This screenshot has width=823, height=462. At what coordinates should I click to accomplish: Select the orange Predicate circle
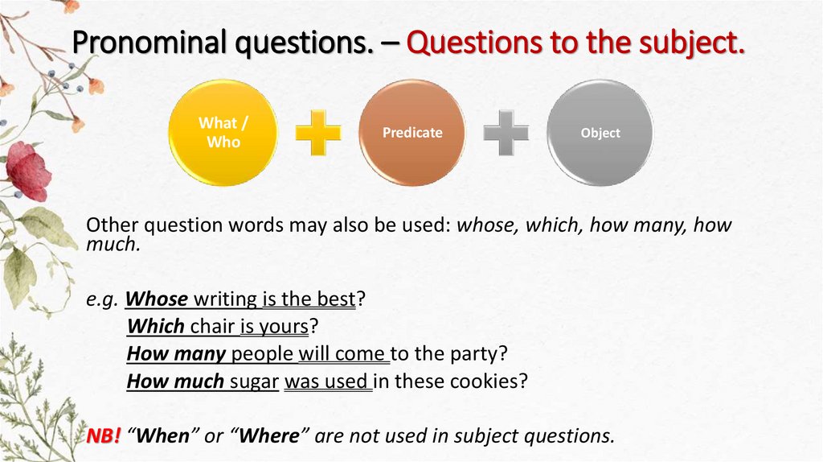click(x=411, y=132)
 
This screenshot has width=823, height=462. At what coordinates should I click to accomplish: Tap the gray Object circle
click(x=600, y=132)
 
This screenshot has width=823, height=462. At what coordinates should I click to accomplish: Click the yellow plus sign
click(x=317, y=132)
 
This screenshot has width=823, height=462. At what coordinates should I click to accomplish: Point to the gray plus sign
click(x=506, y=132)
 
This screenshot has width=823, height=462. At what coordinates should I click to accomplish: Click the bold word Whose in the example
click(x=158, y=300)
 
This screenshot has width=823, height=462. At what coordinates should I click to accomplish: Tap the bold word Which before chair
click(x=156, y=327)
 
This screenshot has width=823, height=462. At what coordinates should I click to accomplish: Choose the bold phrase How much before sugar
click(x=175, y=380)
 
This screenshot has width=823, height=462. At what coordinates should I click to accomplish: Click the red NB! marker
click(x=104, y=435)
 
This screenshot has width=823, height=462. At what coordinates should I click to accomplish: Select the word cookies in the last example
click(x=492, y=380)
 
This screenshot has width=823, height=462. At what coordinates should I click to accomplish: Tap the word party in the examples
click(x=480, y=353)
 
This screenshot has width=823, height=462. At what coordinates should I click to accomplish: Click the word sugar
click(x=254, y=380)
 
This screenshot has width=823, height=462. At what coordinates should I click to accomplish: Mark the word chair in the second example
click(x=211, y=327)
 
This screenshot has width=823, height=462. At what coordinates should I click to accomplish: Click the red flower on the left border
click(x=29, y=171)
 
